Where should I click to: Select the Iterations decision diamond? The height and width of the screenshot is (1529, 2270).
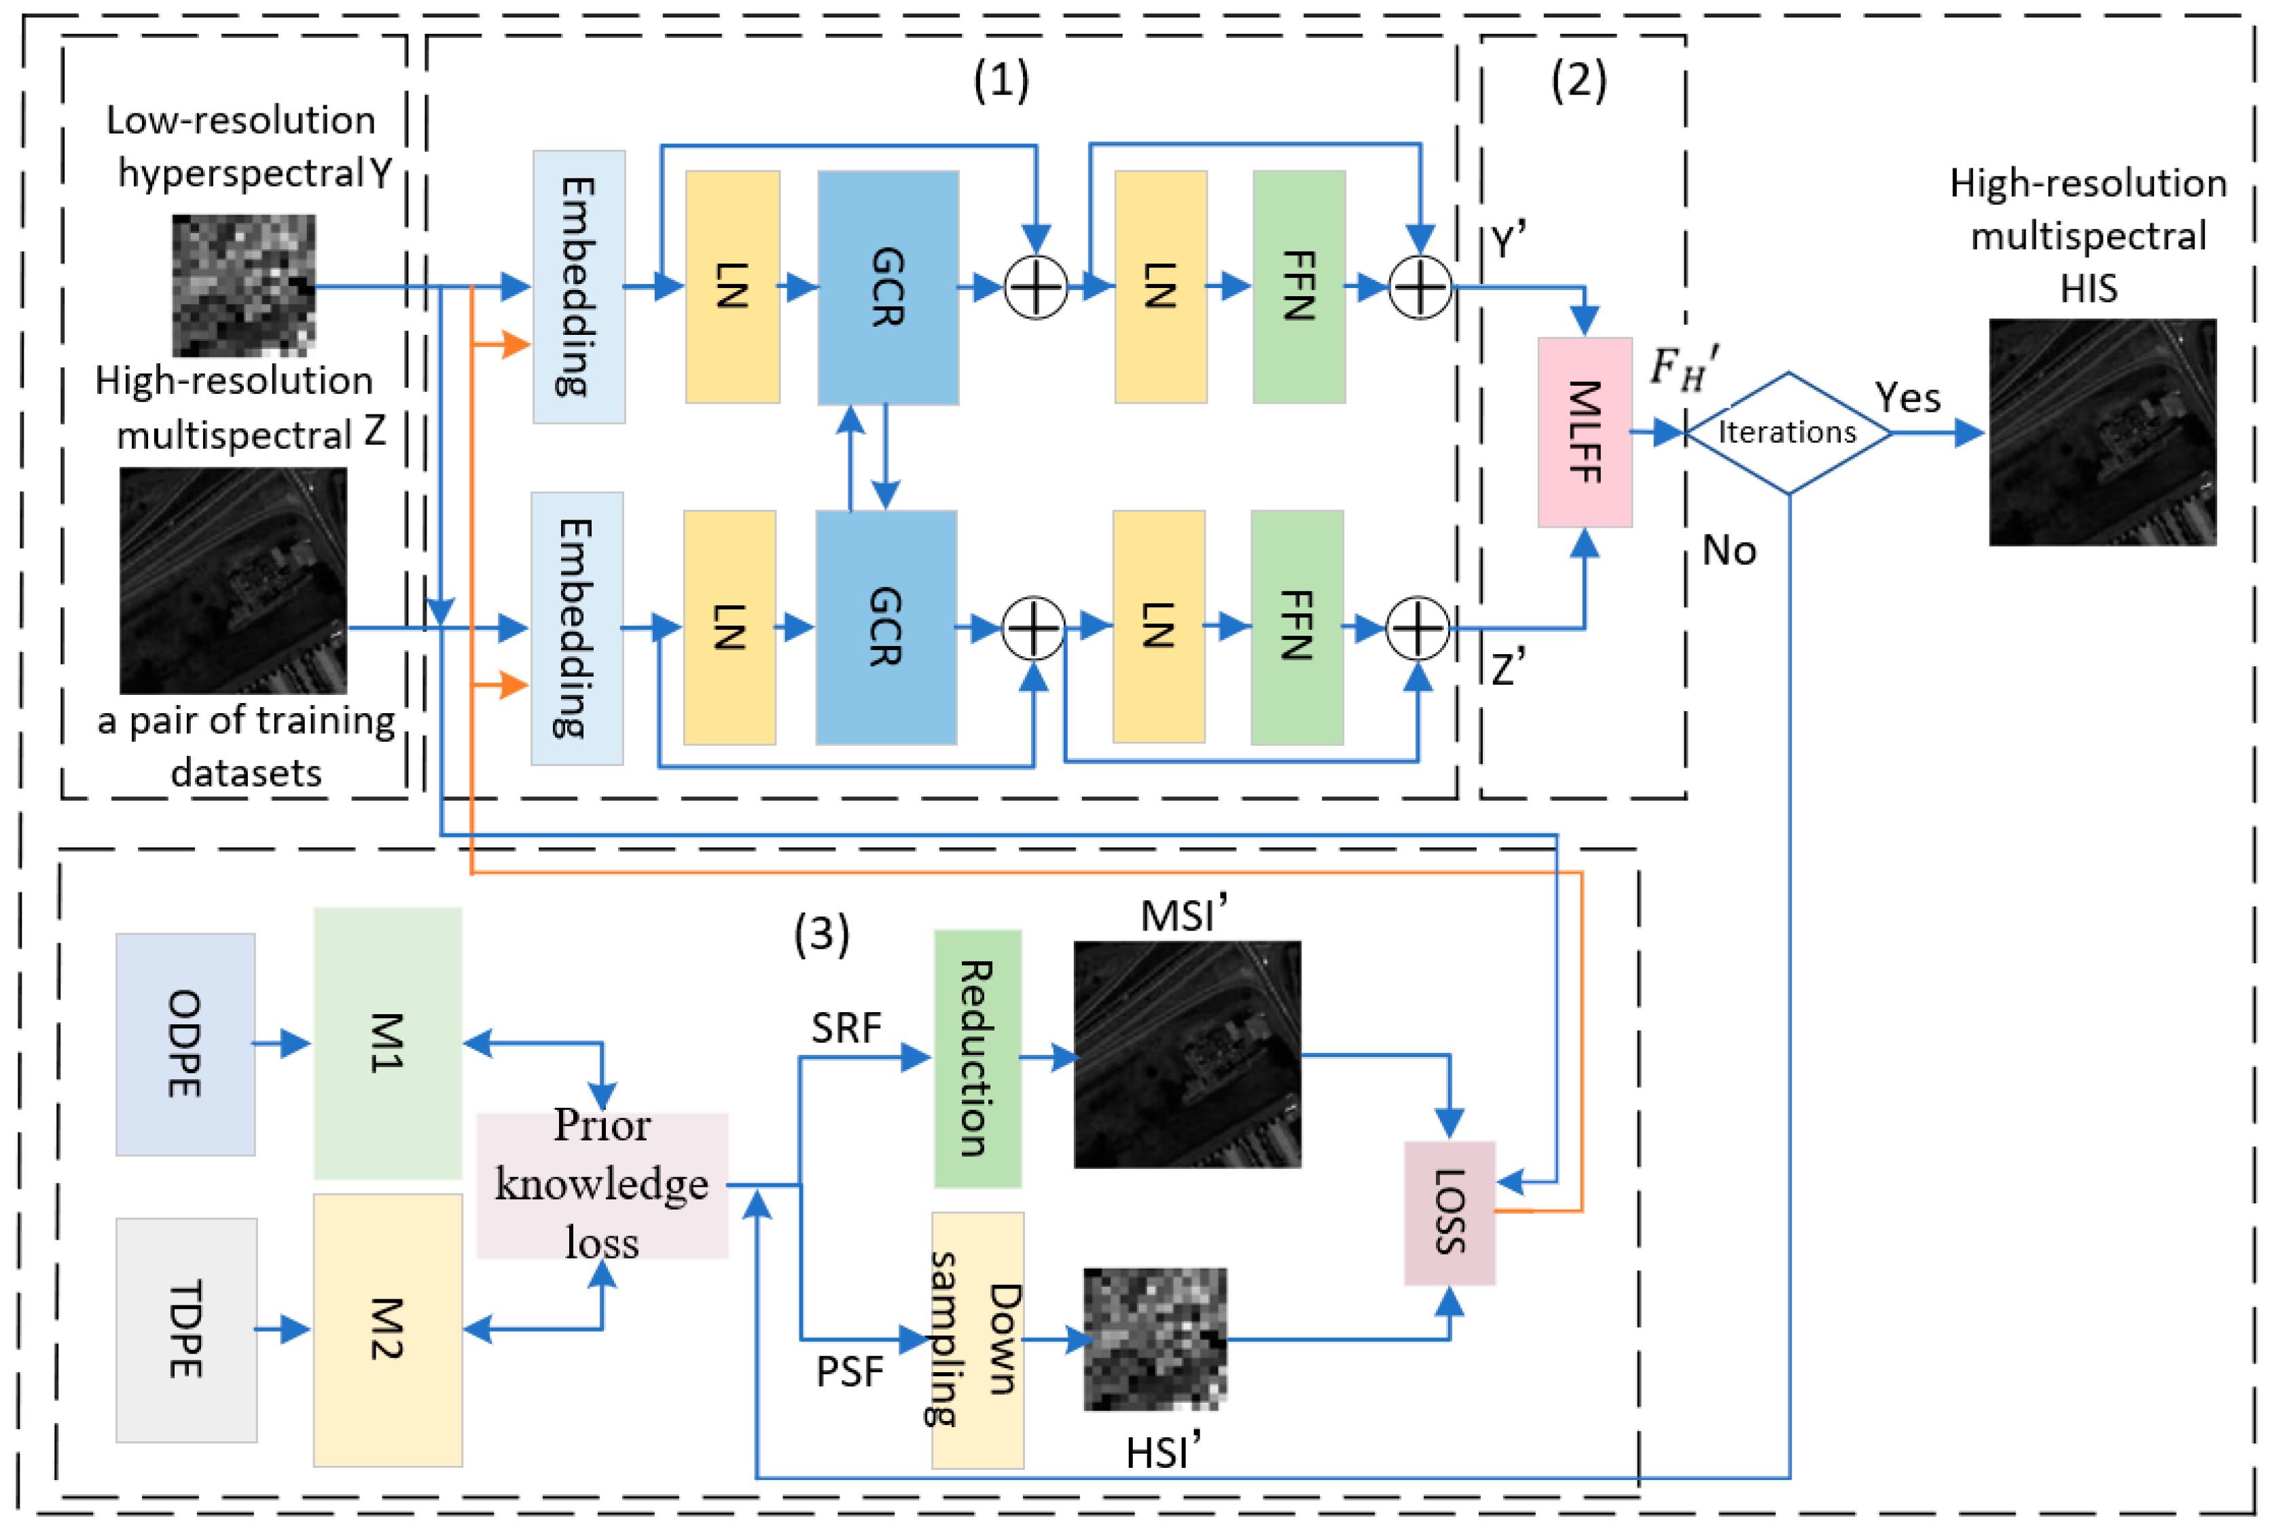[1786, 432]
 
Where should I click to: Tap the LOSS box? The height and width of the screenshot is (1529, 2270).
[1449, 1212]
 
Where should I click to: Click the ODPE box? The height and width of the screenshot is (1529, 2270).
[185, 1043]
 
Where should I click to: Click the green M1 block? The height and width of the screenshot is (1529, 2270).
[387, 1043]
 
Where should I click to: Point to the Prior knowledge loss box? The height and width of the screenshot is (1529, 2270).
[602, 1184]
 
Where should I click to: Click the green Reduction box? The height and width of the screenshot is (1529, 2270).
[977, 1058]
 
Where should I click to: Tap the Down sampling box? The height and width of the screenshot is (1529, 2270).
[977, 1339]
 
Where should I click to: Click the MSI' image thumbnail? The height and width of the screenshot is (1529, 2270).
[1187, 1054]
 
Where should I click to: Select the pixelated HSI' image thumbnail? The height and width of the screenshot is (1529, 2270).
[1155, 1338]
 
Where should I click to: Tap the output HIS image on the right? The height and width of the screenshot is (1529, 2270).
[2102, 432]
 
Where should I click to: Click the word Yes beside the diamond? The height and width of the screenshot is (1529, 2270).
[1907, 398]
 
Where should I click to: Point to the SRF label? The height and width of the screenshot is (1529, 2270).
[846, 1028]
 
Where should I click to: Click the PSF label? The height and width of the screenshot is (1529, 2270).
[848, 1371]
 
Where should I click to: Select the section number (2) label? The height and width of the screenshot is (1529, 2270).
[1578, 80]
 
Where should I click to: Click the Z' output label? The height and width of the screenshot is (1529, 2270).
[1507, 669]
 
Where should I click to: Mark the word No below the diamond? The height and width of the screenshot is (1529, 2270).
[1728, 551]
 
